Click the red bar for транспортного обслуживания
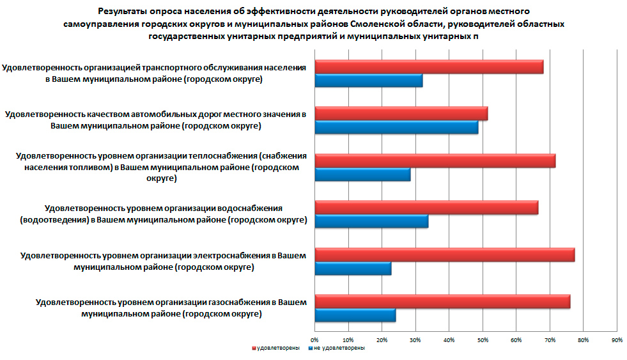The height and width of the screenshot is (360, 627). tap(428, 67)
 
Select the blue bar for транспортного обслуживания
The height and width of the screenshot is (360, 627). tap(368, 81)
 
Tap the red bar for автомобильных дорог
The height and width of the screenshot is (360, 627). tap(401, 113)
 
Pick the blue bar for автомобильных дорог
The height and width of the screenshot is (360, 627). tap(396, 127)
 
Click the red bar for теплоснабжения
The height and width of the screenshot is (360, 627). tap(435, 160)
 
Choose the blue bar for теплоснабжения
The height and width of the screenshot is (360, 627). tap(362, 175)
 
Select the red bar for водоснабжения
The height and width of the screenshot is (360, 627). tap(426, 208)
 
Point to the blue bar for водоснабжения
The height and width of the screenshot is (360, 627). tap(371, 222)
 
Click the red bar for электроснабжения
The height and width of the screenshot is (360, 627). tap(444, 255)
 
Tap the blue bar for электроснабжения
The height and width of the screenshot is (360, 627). tap(352, 269)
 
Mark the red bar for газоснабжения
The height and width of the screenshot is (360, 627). tap(442, 302)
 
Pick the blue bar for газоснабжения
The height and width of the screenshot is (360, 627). tap(355, 316)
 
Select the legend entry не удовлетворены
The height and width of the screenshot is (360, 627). tap(339, 348)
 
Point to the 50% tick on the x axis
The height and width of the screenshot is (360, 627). tap(482, 340)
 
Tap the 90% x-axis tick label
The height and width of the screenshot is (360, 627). tap(616, 340)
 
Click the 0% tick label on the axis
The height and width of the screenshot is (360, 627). tap(314, 340)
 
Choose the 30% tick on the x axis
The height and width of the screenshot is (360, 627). tap(415, 340)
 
